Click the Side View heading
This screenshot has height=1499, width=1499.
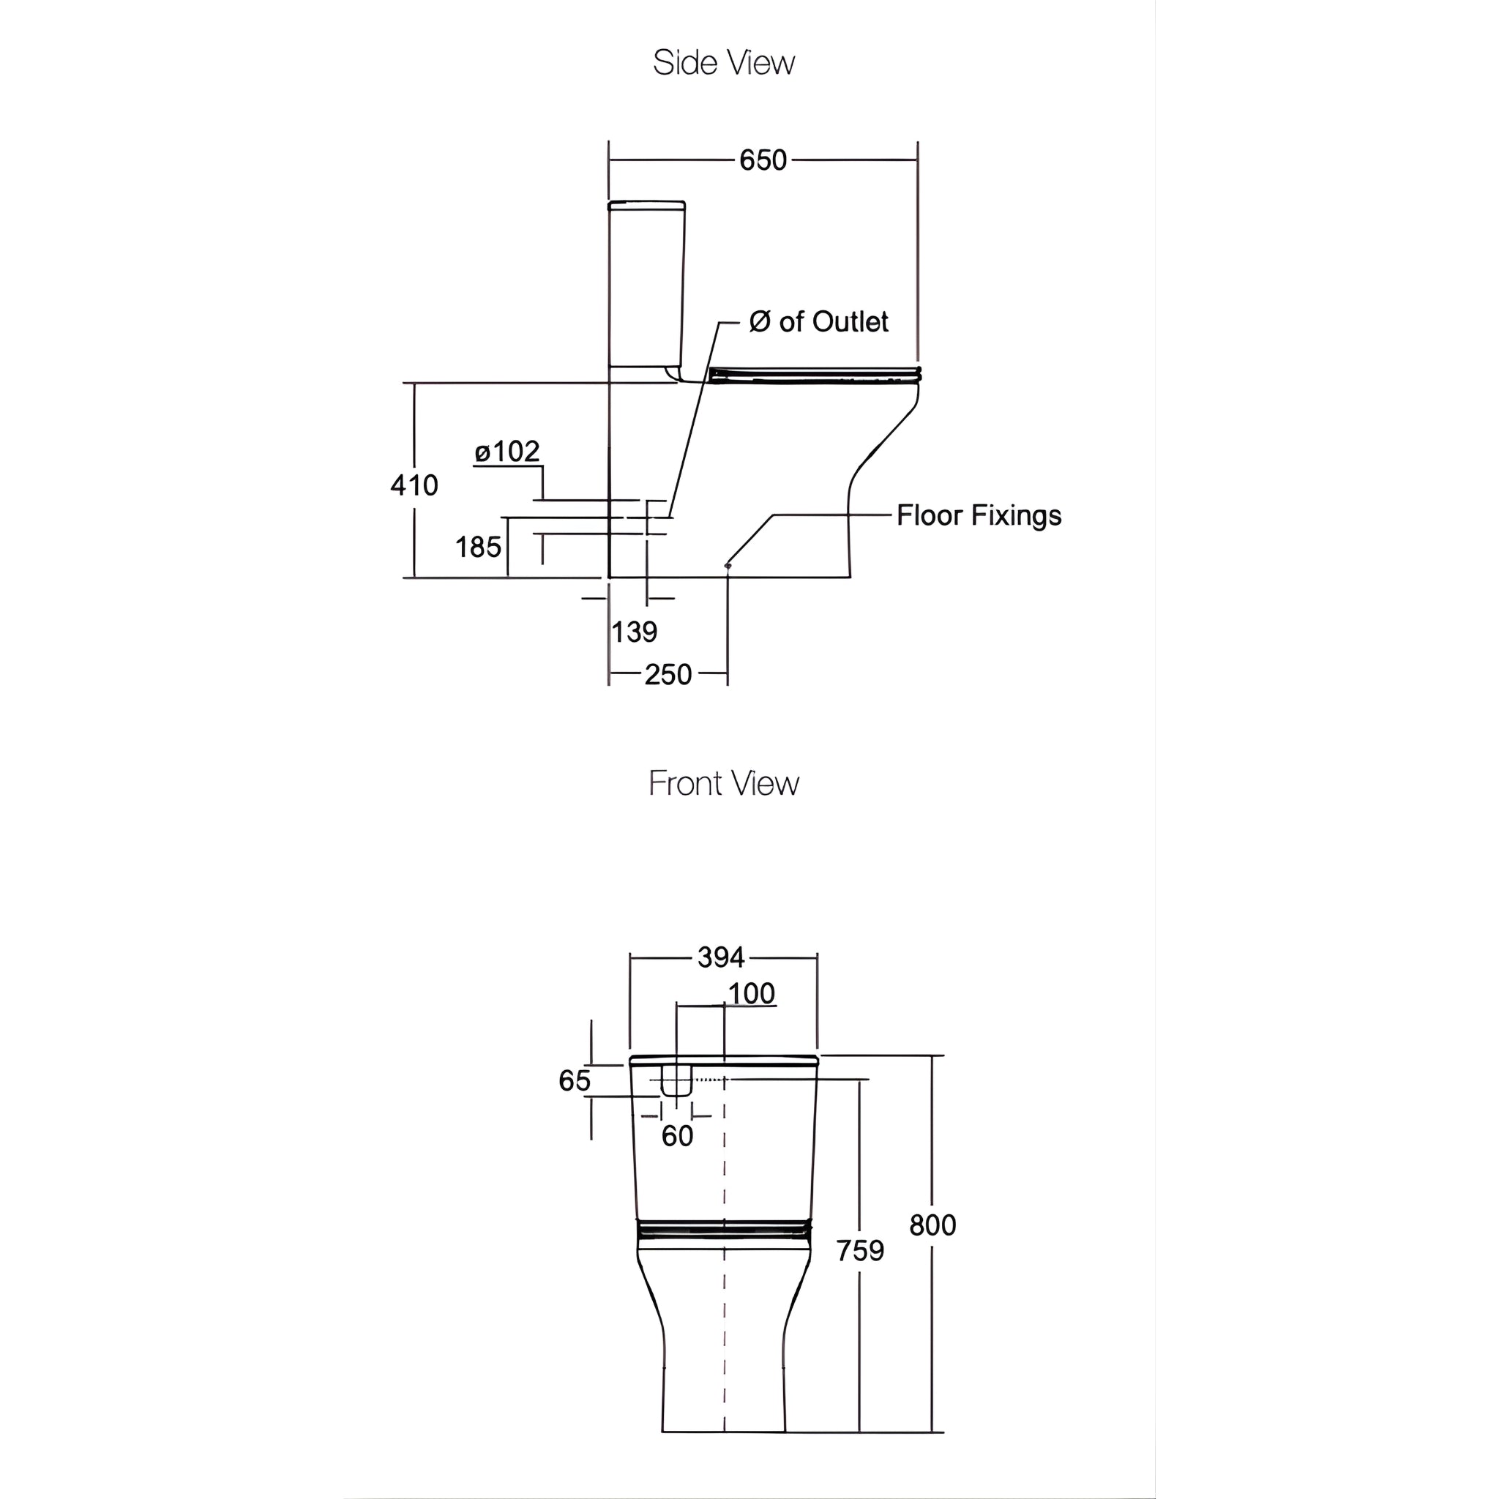tap(723, 63)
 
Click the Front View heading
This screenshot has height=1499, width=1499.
tap(723, 784)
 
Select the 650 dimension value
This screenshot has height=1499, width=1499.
tap(763, 160)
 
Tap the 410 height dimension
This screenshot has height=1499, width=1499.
tap(414, 486)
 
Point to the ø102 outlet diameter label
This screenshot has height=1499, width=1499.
tap(507, 452)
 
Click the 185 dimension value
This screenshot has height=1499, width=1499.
tap(478, 547)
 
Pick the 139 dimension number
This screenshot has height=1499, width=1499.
tap(635, 632)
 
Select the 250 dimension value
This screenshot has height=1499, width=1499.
tap(668, 675)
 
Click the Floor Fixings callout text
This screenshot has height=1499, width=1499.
tap(979, 515)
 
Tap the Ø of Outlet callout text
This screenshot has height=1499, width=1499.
tap(818, 322)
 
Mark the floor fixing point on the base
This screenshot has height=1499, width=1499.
tap(728, 566)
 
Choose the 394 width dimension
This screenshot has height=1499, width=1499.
tap(721, 957)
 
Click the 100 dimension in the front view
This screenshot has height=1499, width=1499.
tap(752, 994)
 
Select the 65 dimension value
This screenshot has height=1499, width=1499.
tap(575, 1081)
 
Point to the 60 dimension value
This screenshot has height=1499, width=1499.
tap(677, 1137)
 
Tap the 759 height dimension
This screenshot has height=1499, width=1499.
tap(861, 1251)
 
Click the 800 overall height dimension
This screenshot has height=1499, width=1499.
tap(932, 1225)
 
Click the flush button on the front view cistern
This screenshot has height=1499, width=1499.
tap(676, 1081)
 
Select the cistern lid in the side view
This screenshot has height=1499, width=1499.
tap(646, 206)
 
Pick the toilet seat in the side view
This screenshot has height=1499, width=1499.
tap(815, 375)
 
